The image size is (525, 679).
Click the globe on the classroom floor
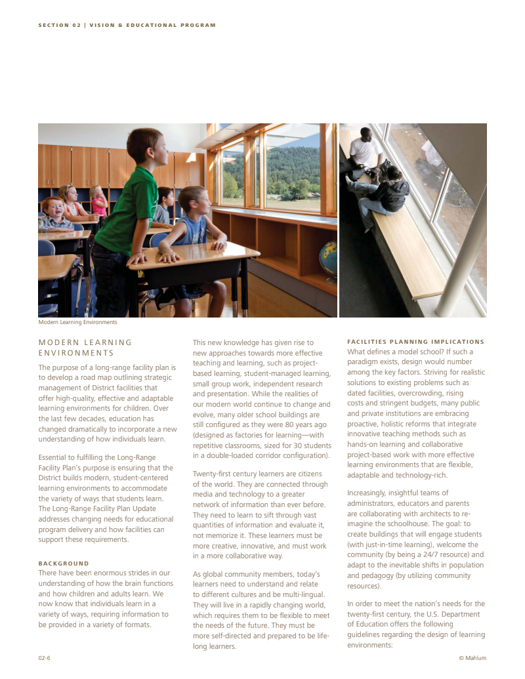coord(328,258)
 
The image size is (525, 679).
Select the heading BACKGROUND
coord(63,564)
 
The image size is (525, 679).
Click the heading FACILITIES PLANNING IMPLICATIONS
coord(415,342)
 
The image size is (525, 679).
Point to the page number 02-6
coord(45,658)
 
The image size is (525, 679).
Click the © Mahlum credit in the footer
coord(472,658)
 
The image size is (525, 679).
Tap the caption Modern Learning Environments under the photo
coord(77,322)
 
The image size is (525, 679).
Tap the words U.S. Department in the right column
coord(450,614)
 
